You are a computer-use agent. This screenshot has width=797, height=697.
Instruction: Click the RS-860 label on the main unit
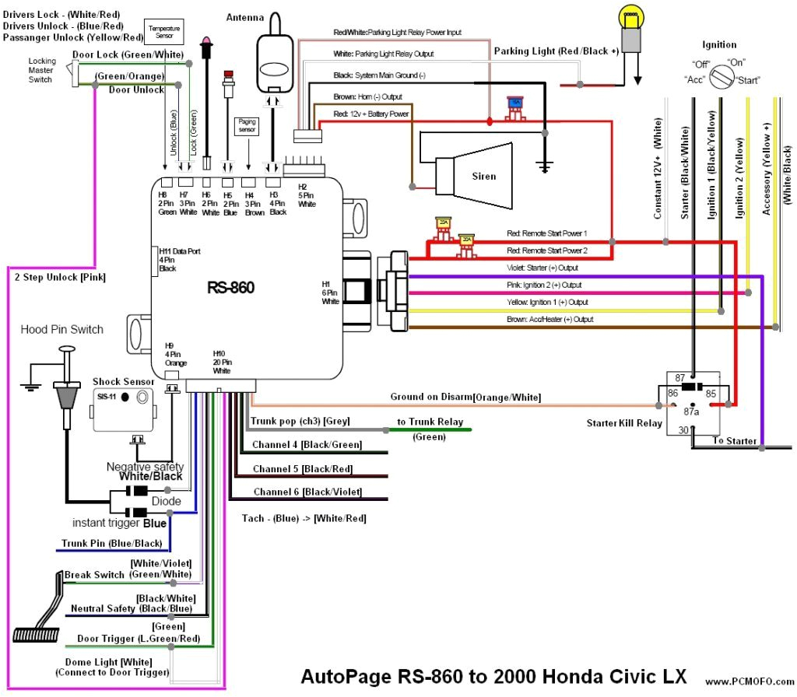pyautogui.click(x=230, y=288)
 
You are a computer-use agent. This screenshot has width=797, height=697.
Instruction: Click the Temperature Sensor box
pyautogui.click(x=163, y=33)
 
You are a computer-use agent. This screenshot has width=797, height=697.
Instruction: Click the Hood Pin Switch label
pyautogui.click(x=61, y=329)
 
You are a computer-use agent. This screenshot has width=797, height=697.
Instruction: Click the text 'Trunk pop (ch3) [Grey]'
pyautogui.click(x=300, y=421)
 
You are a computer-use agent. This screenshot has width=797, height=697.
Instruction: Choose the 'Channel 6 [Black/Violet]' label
pyautogui.click(x=307, y=492)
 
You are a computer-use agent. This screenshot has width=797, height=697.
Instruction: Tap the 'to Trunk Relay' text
pyautogui.click(x=430, y=422)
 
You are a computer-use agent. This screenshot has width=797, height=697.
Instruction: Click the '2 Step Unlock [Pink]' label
pyautogui.click(x=59, y=276)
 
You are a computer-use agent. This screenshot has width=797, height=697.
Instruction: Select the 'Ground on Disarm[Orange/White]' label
pyautogui.click(x=465, y=397)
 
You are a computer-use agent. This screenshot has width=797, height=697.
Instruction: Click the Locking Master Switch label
pyautogui.click(x=41, y=70)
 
